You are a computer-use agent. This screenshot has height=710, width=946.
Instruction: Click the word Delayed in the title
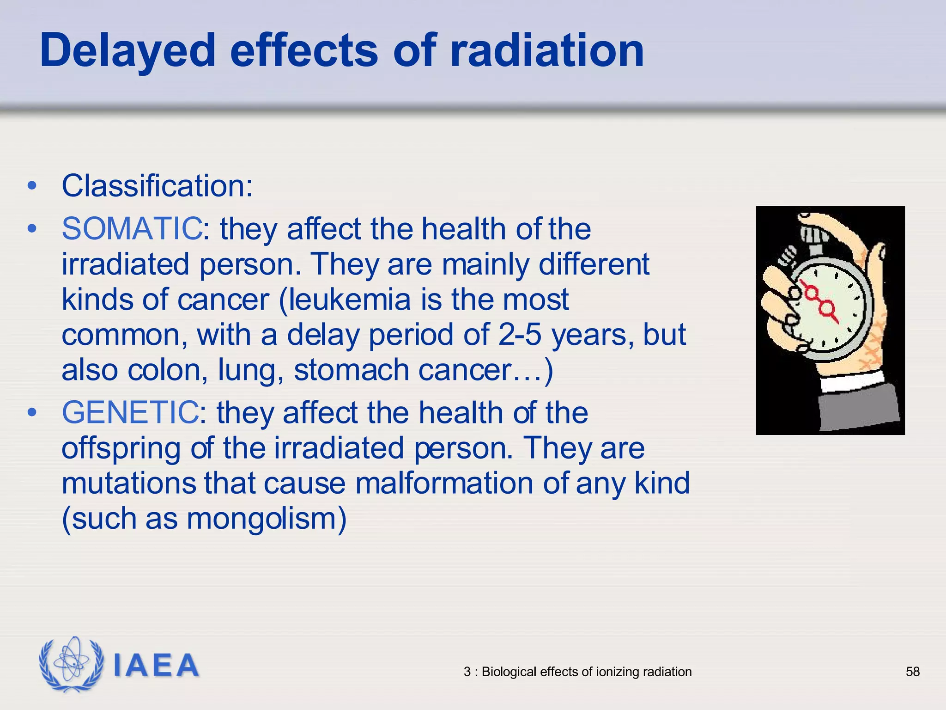(127, 51)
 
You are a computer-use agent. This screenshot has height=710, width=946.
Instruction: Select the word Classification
(157, 186)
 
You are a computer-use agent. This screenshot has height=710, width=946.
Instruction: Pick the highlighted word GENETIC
(130, 412)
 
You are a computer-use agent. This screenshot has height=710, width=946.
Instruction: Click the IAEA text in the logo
(156, 666)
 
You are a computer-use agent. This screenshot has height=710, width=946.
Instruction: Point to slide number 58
(913, 672)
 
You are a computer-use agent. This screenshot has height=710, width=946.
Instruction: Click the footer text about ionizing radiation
(577, 672)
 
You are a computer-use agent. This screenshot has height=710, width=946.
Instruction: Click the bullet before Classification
(31, 186)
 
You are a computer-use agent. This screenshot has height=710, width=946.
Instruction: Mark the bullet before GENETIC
(31, 412)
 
